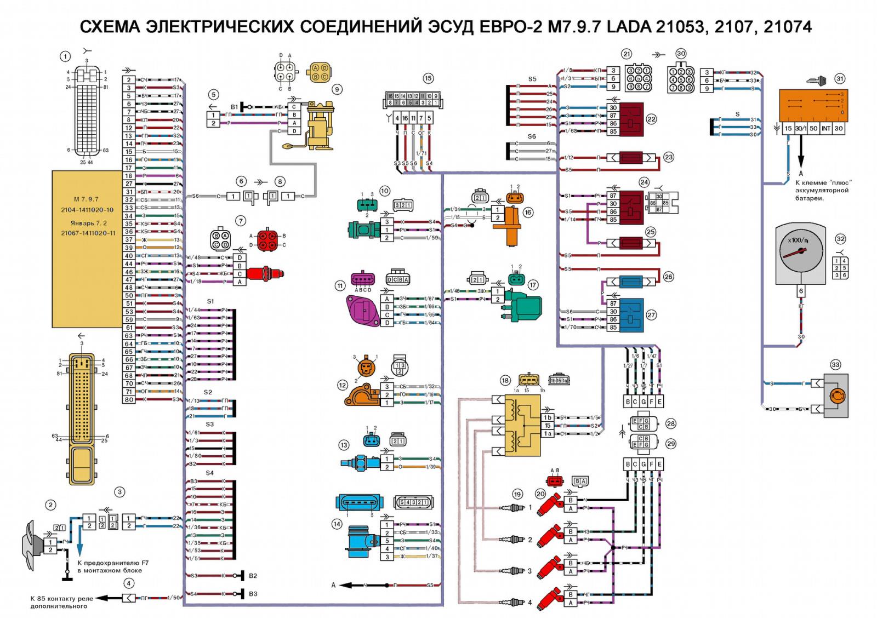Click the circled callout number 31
[x=840, y=79]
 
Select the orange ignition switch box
[x=812, y=106]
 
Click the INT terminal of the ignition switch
[x=825, y=128]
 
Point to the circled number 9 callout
[x=337, y=89]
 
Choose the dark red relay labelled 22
[x=631, y=119]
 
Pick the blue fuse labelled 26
[x=630, y=282]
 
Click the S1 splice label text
[x=210, y=302]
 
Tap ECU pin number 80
[x=129, y=400]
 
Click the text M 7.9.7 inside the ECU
[x=86, y=199]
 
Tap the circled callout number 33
[x=835, y=365]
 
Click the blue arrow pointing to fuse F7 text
[x=81, y=549]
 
